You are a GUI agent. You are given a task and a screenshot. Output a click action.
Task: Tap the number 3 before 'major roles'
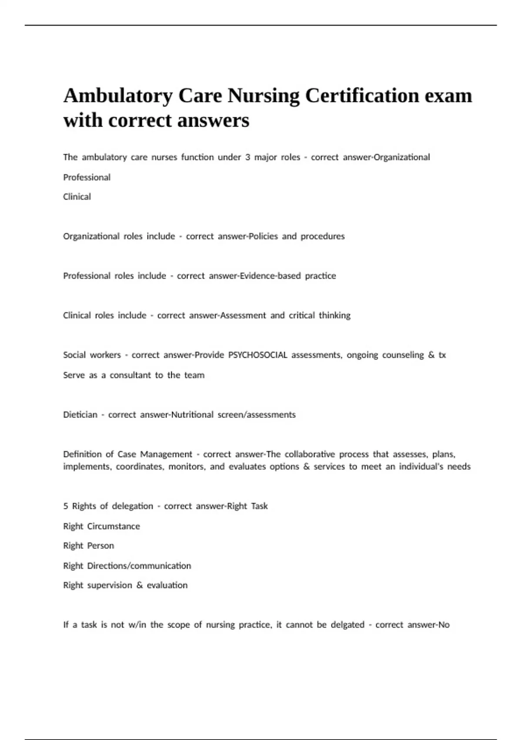tap(247, 157)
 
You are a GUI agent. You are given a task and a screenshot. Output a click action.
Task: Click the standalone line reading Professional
tap(87, 177)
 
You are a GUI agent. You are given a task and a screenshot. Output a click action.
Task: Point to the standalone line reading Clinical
tap(77, 197)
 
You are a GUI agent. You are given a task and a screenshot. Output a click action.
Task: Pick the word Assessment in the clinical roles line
tap(243, 316)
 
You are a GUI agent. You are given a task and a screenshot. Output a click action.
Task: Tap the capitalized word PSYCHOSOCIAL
tap(258, 355)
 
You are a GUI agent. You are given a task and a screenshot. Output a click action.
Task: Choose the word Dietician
tap(80, 415)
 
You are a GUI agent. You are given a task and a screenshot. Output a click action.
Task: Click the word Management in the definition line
tap(166, 454)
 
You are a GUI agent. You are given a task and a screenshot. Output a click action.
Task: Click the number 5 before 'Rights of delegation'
tap(66, 506)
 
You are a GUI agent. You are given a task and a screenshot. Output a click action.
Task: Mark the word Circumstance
tap(114, 526)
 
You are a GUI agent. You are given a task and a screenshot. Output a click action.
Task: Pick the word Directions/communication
tap(139, 566)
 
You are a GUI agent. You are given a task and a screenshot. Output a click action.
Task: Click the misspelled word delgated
tap(347, 625)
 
